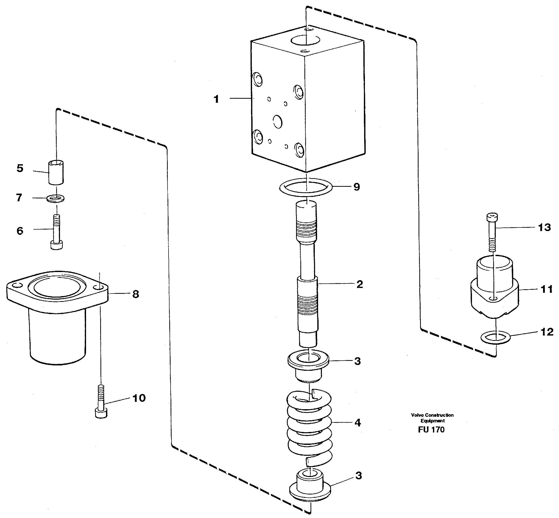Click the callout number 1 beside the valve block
[216, 99]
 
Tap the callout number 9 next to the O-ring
[357, 187]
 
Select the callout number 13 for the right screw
[544, 227]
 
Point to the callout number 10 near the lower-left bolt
[139, 398]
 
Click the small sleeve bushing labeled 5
[56, 172]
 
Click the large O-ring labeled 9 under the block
[306, 187]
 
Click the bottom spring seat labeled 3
[310, 486]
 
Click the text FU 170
[431, 430]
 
